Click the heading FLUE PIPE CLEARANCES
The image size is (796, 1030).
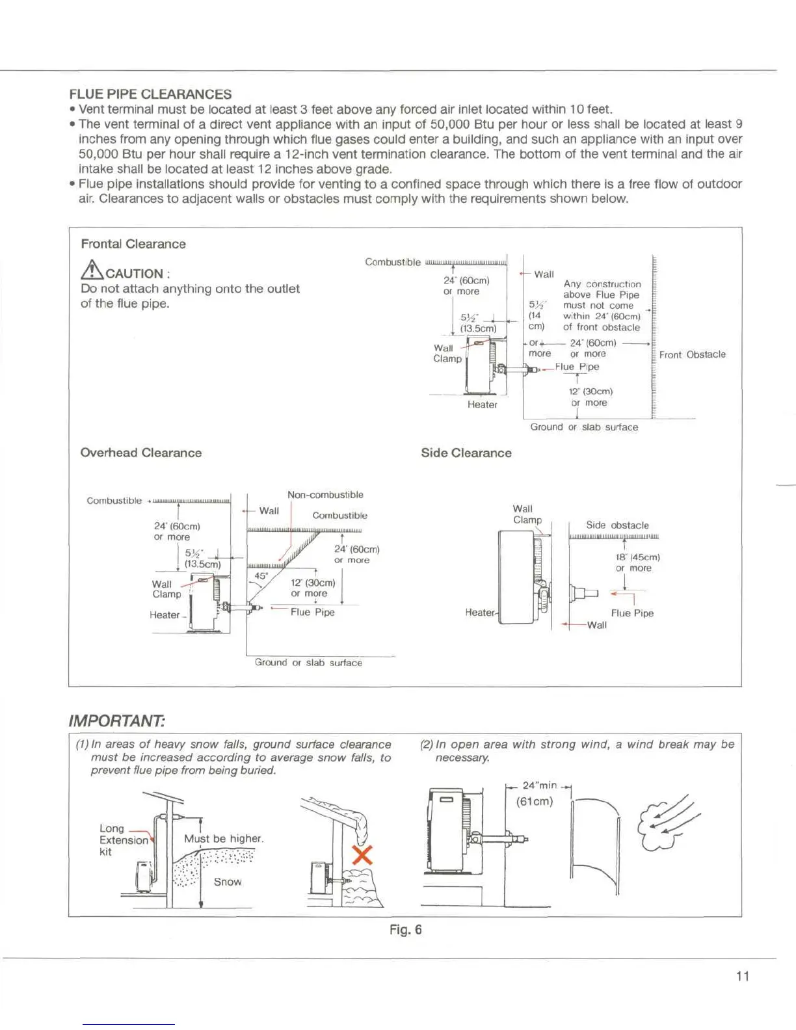click(150, 94)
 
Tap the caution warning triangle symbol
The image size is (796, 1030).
click(92, 269)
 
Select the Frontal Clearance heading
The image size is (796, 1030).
click(133, 244)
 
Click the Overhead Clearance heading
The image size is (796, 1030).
click(140, 453)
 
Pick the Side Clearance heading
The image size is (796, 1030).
click(466, 453)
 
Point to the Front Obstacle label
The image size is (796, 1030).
click(692, 354)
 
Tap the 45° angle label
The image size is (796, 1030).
click(261, 575)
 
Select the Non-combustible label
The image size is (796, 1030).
click(325, 495)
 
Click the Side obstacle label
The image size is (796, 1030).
click(617, 525)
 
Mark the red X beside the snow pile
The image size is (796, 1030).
click(362, 854)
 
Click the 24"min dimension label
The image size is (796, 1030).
click(539, 786)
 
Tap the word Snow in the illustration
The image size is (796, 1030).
click(228, 882)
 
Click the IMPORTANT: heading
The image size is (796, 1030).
click(117, 720)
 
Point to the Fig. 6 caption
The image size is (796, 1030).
click(405, 930)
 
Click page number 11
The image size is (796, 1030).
click(742, 976)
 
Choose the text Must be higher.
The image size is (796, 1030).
click(224, 839)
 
